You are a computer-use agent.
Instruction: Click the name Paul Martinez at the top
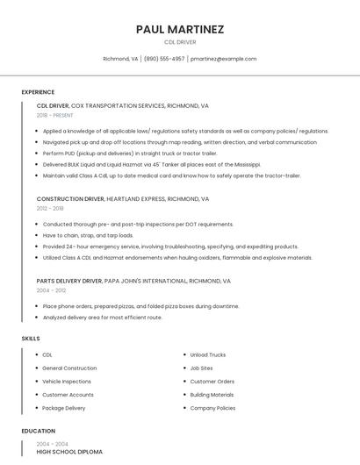(x=180, y=29)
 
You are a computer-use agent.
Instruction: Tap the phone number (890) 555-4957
(x=164, y=59)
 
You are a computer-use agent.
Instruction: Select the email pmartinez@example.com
(x=224, y=59)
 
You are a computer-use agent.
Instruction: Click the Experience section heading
(x=38, y=92)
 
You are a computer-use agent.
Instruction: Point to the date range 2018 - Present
(x=55, y=115)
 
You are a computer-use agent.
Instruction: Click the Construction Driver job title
(x=68, y=199)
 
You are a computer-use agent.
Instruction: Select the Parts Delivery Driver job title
(x=69, y=281)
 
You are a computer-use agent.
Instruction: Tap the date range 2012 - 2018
(x=50, y=208)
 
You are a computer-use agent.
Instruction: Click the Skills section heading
(x=31, y=338)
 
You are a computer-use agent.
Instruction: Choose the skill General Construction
(x=69, y=368)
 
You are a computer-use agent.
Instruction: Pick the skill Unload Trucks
(x=208, y=354)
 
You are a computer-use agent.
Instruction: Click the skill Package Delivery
(x=64, y=408)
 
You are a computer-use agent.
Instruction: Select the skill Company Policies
(x=212, y=408)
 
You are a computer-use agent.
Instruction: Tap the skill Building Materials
(x=212, y=395)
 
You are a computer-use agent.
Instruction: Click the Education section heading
(x=38, y=431)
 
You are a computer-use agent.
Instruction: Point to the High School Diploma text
(x=69, y=452)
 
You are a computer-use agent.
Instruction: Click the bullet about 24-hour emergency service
(x=170, y=247)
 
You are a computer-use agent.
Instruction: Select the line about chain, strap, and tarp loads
(x=88, y=235)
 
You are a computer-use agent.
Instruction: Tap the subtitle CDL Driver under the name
(x=180, y=42)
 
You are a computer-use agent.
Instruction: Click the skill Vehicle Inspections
(x=67, y=382)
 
